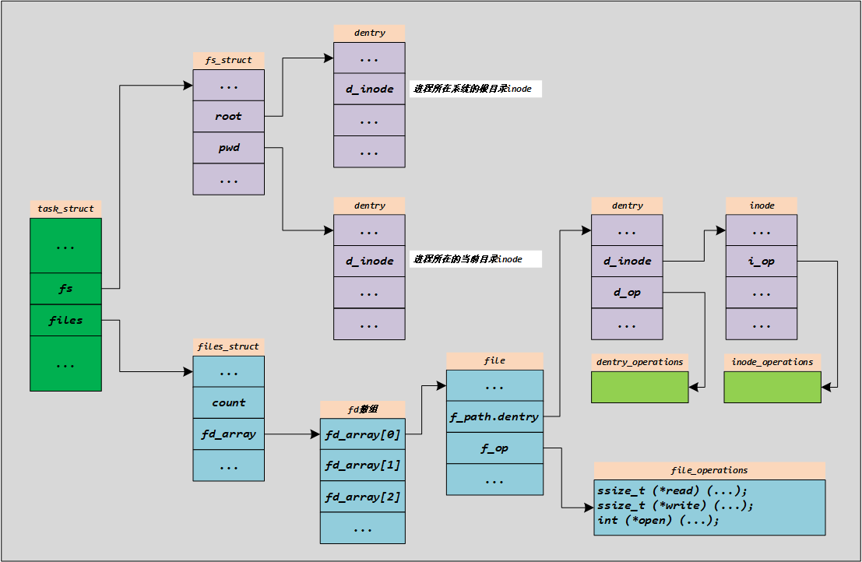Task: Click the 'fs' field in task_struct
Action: click(x=65, y=289)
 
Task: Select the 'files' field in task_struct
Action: click(x=65, y=320)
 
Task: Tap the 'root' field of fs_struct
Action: click(x=228, y=116)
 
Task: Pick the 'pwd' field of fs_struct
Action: click(x=228, y=147)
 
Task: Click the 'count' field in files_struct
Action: click(x=228, y=402)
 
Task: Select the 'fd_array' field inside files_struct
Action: click(x=228, y=434)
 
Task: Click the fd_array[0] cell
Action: click(x=362, y=434)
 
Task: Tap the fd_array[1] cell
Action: click(x=362, y=465)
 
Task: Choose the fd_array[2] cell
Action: click(x=362, y=497)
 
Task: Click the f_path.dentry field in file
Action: click(x=494, y=416)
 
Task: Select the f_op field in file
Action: click(x=494, y=448)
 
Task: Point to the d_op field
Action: click(x=627, y=293)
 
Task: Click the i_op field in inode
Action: click(x=761, y=261)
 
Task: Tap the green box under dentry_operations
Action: click(x=639, y=387)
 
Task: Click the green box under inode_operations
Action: click(x=772, y=387)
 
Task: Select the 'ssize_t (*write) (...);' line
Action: click(x=675, y=505)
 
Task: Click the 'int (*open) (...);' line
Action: click(x=659, y=519)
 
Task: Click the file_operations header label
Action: click(x=709, y=470)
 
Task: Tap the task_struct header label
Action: click(x=65, y=209)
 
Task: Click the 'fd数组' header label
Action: click(x=362, y=409)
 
